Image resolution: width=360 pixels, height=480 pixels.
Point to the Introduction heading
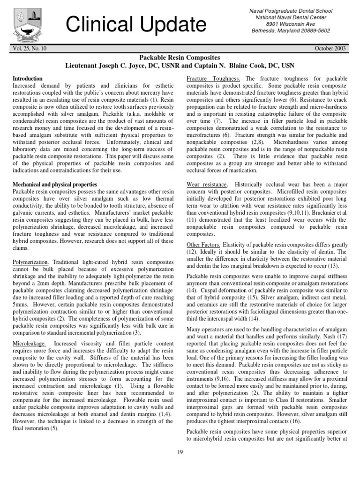[x=27, y=78]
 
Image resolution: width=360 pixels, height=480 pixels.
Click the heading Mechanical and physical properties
[x=55, y=185]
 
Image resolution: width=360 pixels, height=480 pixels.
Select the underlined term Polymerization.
[x=31, y=262]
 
